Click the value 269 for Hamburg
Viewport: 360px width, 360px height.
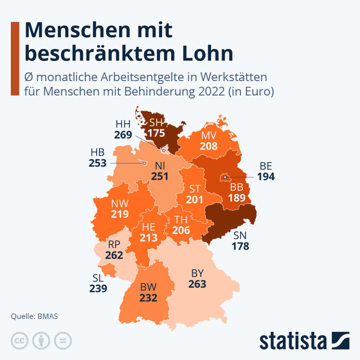coord(123,135)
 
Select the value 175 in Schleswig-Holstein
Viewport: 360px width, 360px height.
coord(156,133)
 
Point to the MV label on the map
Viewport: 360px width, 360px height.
coord(209,136)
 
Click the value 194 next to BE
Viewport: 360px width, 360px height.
coord(266,177)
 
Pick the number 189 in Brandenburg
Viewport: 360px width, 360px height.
coord(237,198)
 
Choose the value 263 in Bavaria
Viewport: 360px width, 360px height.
coord(197,284)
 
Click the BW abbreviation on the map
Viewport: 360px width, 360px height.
coord(148,287)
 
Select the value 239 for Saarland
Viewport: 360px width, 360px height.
coord(98,288)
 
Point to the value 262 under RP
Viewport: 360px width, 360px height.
coord(114,255)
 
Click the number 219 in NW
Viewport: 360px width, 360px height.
coord(120,214)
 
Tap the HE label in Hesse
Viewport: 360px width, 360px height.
coord(148,227)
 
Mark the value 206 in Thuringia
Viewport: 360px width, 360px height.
coord(181,230)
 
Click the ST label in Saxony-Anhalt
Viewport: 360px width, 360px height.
coord(195,189)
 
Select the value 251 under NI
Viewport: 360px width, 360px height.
coord(160,176)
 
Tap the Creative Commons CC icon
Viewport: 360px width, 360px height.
coord(20,341)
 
